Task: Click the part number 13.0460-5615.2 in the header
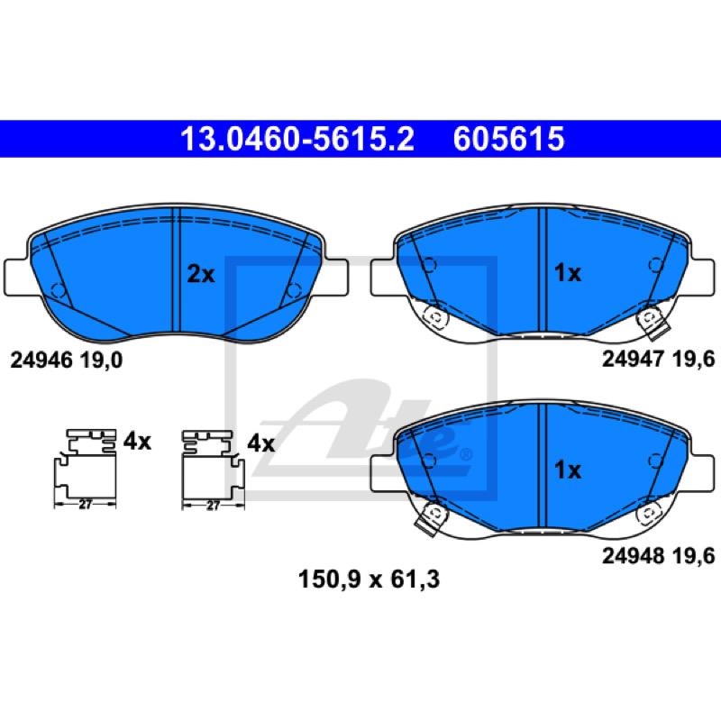point(297,139)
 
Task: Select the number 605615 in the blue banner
point(508,139)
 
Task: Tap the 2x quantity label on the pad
point(201,275)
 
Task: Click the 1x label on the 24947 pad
point(568,273)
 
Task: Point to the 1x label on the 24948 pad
point(568,470)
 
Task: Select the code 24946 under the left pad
point(41,360)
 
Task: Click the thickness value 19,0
point(101,360)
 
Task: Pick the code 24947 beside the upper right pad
point(634,359)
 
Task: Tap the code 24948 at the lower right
point(634,556)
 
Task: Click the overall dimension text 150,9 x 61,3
point(369,580)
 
